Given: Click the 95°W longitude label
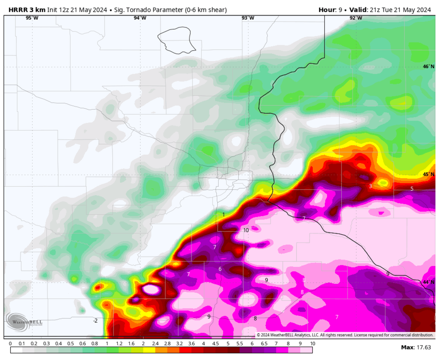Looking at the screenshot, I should pyautogui.click(x=32, y=18).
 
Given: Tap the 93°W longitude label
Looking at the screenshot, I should pyautogui.click(x=248, y=18).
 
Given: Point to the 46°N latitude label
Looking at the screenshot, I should pyautogui.click(x=428, y=67).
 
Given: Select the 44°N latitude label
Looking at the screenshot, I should pyautogui.click(x=428, y=282).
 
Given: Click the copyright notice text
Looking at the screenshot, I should pyautogui.click(x=345, y=335).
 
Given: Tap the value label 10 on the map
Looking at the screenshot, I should pyautogui.click(x=246, y=230).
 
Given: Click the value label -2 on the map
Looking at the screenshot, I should pyautogui.click(x=95, y=321).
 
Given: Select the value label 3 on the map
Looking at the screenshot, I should pyautogui.click(x=370, y=186).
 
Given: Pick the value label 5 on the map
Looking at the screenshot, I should pyautogui.click(x=412, y=189).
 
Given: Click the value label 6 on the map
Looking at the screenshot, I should pyautogui.click(x=220, y=269).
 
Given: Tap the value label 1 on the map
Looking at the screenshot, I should pyautogui.click(x=224, y=215).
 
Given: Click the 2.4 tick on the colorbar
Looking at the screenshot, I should pyautogui.click(x=155, y=344).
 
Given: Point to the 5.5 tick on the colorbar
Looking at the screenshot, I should pyautogui.click(x=240, y=344).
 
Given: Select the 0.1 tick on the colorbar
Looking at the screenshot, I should pyautogui.click(x=22, y=344).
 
